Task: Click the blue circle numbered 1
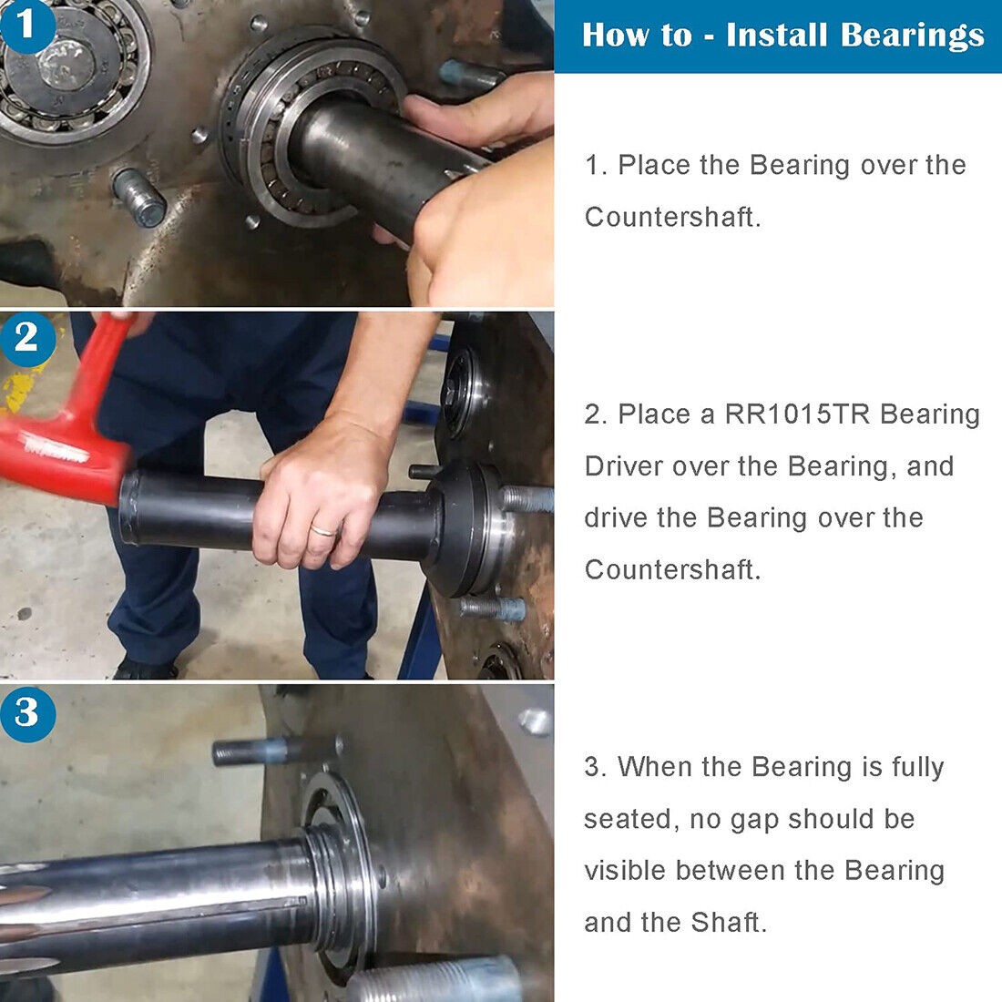[25, 25]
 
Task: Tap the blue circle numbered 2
[26, 338]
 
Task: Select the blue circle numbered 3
[26, 712]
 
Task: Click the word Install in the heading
[777, 35]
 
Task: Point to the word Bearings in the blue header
[912, 35]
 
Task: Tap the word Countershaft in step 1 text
[671, 217]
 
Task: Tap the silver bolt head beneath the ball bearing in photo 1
[141, 198]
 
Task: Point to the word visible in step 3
[626, 871]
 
